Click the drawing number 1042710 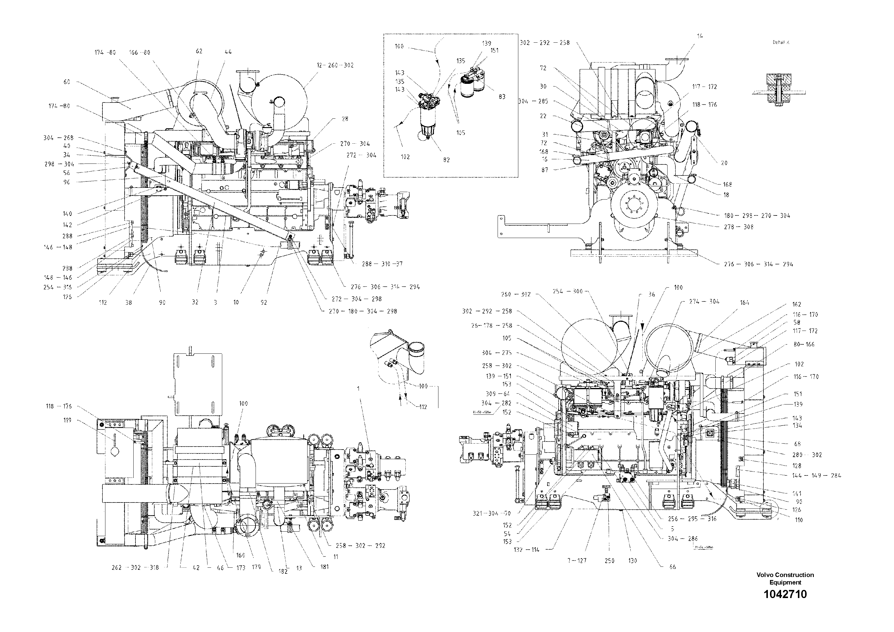coord(785,595)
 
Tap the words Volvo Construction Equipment coord(785,579)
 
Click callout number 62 coord(199,51)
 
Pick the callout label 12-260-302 coord(335,65)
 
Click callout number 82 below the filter coord(446,160)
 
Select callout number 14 coord(700,36)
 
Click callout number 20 coord(724,163)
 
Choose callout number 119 coord(67,420)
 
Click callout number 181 coord(325,567)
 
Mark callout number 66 coord(672,567)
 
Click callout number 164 coord(744,302)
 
